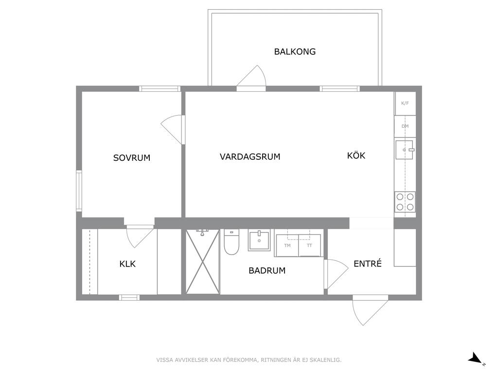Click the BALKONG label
tap(295, 51)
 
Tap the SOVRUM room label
tap(132, 158)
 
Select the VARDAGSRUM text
tap(250, 156)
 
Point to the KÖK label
tap(356, 155)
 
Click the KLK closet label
tap(127, 264)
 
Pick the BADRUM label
tap(267, 271)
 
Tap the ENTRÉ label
tap(368, 263)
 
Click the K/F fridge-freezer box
tap(405, 103)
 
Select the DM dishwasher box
tap(405, 126)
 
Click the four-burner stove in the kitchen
tap(405, 202)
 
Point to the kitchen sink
tap(405, 150)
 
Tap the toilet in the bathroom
tap(231, 242)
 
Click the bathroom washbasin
tap(259, 240)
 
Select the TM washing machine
tap(287, 245)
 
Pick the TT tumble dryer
tap(309, 245)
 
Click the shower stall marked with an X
tap(203, 262)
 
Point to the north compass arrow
tap(476, 358)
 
